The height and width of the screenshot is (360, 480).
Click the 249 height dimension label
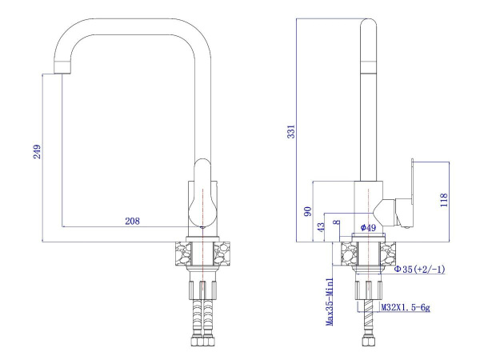click(37, 151)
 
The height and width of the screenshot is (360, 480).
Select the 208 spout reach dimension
click(132, 221)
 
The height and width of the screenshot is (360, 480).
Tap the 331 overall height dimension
click(291, 131)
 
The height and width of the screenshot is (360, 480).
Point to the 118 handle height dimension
click(444, 200)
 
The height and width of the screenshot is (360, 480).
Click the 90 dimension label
click(308, 211)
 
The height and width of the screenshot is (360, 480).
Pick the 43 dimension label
click(321, 227)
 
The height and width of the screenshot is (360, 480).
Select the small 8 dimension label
click(337, 222)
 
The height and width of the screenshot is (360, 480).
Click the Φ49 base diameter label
click(368, 227)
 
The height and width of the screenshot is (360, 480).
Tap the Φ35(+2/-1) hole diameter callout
click(419, 269)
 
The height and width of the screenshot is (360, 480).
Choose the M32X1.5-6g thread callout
click(406, 307)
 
